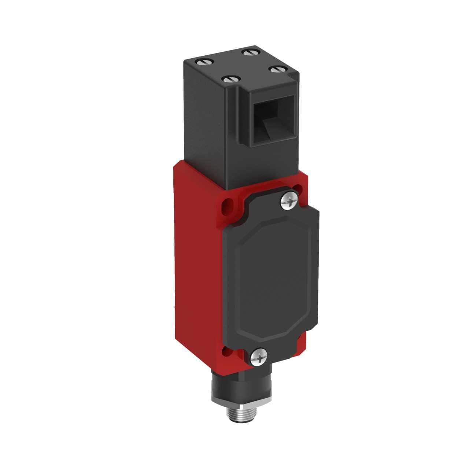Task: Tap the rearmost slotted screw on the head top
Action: click(250, 53)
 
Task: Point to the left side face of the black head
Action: click(205, 121)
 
